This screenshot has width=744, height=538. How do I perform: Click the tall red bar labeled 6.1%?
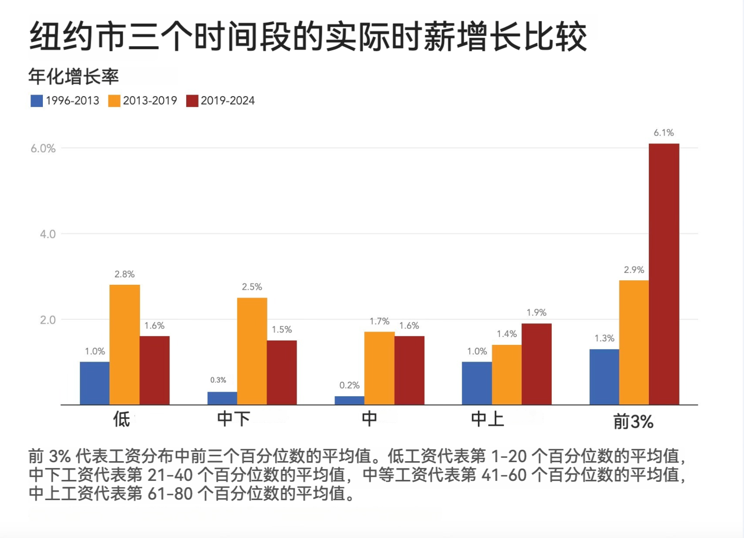click(x=664, y=274)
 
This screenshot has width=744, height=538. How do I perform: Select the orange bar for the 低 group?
click(x=125, y=345)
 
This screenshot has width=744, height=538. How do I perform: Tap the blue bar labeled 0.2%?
click(x=349, y=400)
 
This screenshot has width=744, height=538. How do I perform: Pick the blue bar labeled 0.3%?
click(x=222, y=398)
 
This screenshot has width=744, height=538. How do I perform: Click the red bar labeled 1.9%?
click(x=537, y=364)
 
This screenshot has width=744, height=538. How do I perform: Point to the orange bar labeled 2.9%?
click(x=634, y=342)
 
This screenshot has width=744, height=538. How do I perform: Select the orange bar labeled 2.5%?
click(x=252, y=351)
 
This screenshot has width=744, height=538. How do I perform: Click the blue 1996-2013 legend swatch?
click(x=36, y=101)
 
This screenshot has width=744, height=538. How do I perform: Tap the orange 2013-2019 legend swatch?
click(x=114, y=101)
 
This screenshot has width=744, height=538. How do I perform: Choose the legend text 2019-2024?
click(x=228, y=101)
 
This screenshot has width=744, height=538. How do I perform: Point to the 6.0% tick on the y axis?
click(x=43, y=149)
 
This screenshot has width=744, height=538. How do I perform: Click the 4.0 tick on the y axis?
click(x=48, y=235)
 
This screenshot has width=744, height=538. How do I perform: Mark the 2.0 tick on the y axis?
click(x=48, y=320)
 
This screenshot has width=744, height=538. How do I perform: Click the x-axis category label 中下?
click(x=234, y=419)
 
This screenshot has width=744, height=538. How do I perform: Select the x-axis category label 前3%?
click(x=633, y=422)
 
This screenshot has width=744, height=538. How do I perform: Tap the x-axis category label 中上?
click(x=487, y=419)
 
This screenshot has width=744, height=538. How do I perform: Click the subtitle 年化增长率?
click(x=73, y=77)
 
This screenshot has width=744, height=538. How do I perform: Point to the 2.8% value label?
click(x=125, y=274)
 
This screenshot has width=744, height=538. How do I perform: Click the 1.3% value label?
click(x=604, y=338)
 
